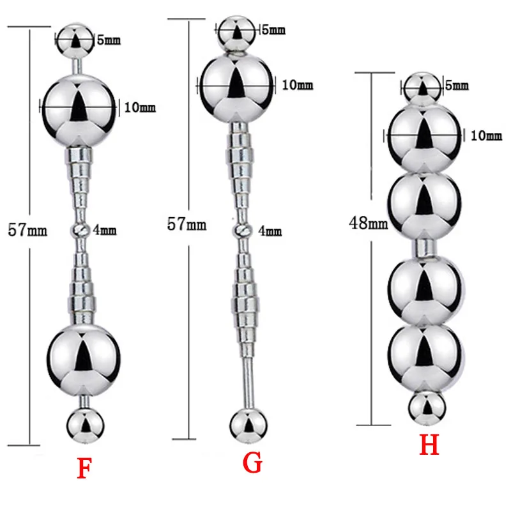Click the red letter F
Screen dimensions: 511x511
83,469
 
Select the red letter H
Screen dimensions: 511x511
429,445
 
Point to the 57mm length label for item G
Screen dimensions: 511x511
187,224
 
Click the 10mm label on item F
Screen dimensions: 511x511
140,107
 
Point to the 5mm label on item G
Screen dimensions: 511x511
273,30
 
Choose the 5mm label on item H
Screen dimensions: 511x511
457,84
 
